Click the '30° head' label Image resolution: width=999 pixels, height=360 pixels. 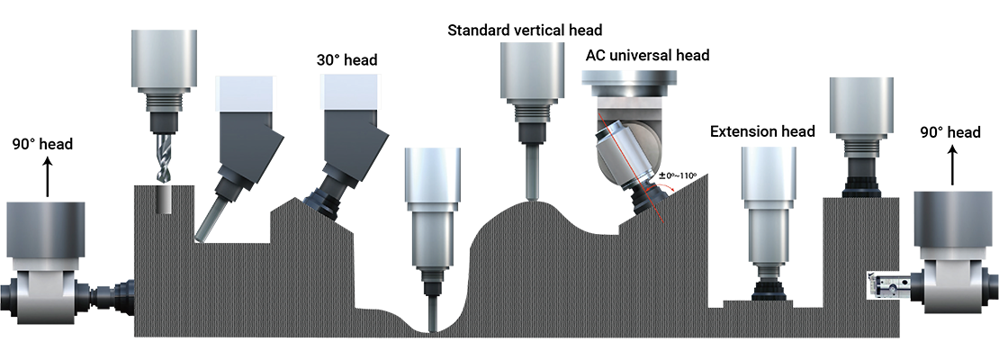tap(347, 60)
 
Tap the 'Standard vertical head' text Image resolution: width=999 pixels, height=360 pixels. tap(525, 30)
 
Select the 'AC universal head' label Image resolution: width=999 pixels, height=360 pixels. tap(647, 56)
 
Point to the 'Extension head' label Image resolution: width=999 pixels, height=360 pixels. tap(762, 131)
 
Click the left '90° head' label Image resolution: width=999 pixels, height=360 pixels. tap(42, 144)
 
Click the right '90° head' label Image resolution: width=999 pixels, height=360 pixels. tap(949, 132)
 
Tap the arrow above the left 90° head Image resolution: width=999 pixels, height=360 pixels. tap(47, 175)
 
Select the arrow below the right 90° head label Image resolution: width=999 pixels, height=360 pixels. tap(952, 165)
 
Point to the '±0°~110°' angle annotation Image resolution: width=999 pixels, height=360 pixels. tap(679, 175)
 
